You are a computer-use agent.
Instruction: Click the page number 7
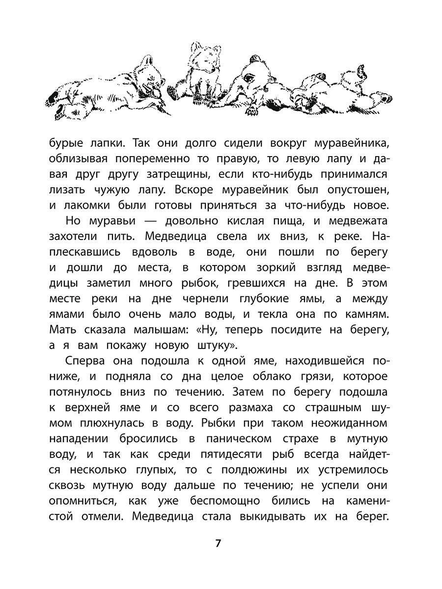[x=219, y=544]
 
